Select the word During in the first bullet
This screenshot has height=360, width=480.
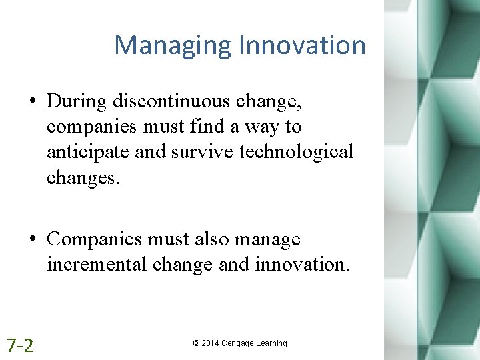[x=78, y=101]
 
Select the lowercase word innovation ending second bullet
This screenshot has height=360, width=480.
[x=301, y=264]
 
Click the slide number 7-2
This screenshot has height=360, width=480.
[x=20, y=345]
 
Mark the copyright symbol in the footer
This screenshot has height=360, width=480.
[x=196, y=343]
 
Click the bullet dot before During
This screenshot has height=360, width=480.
[x=33, y=102]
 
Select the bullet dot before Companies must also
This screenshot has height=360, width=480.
[x=33, y=239]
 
